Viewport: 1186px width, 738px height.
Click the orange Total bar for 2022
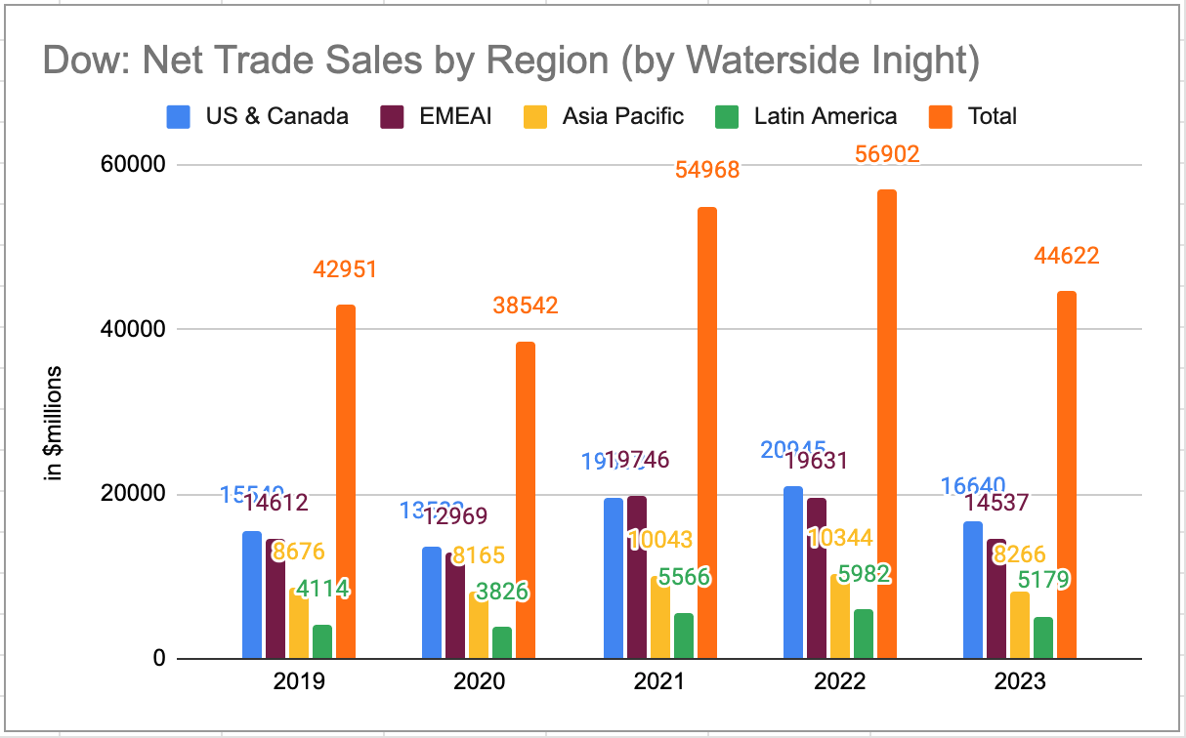pos(886,424)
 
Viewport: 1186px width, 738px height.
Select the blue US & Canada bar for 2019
pos(252,594)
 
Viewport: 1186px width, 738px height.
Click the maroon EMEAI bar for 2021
pos(637,577)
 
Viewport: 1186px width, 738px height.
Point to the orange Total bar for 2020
pos(526,500)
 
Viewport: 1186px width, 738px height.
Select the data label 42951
pos(345,269)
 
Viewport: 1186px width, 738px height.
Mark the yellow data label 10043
pos(660,540)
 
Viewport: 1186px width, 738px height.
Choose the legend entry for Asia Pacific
pos(622,116)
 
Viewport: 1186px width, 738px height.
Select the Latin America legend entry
pos(825,116)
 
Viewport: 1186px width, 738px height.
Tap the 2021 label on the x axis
pos(659,682)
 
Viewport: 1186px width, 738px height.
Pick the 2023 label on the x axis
pos(1019,682)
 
